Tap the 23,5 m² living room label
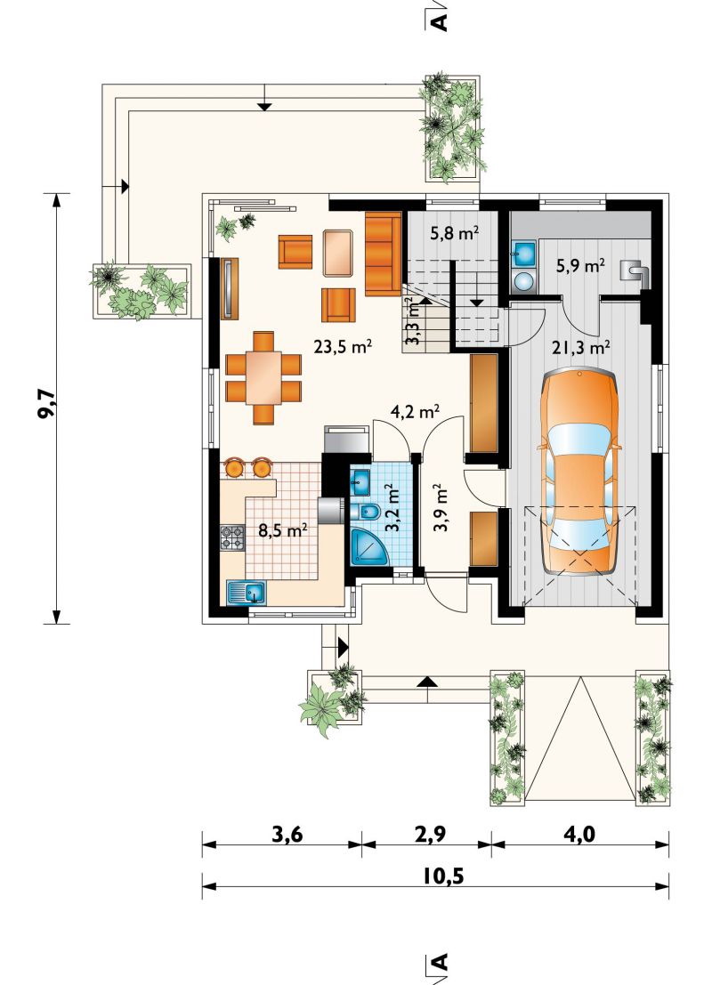point(344,347)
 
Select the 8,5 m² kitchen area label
point(283,531)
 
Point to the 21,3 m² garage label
point(581,347)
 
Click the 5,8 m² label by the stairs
point(455,234)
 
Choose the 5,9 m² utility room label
point(580,266)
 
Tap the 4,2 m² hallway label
point(415,412)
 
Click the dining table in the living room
point(264,377)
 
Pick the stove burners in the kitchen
point(232,537)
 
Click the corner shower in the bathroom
point(368,548)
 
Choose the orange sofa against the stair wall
point(383,254)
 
